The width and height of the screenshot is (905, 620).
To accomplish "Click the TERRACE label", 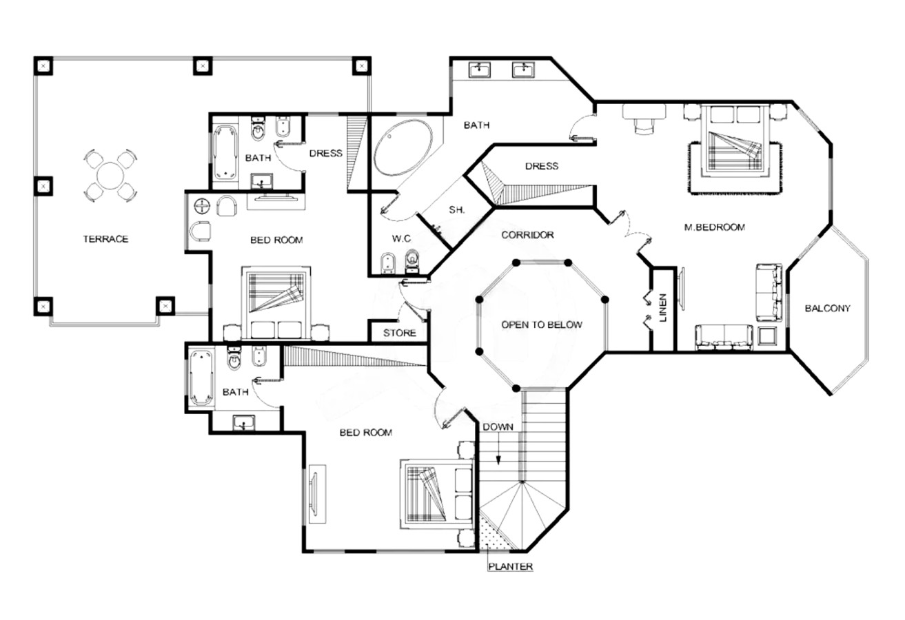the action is [106, 239].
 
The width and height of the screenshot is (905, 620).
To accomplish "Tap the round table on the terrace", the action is [110, 175].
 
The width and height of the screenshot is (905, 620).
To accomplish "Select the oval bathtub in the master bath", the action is [403, 147].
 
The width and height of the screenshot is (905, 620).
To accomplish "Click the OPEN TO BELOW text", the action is [541, 324].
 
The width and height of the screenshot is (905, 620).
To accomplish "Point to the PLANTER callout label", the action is [510, 567].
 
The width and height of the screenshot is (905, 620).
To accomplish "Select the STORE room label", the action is [400, 333].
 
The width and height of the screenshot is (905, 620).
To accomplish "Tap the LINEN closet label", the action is [663, 308].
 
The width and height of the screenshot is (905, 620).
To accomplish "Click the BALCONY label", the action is [827, 309].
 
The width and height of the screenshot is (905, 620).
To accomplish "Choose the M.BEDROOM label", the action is [714, 227].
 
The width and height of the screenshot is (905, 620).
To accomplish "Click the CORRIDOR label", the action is [527, 235].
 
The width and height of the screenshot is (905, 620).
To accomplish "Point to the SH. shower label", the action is [457, 210].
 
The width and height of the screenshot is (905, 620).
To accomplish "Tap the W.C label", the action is [401, 239].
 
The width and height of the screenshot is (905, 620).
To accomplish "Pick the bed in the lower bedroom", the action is [437, 493].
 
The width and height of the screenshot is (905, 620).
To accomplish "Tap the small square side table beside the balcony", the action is [767, 336].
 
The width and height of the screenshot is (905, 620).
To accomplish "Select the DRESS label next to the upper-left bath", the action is [325, 154].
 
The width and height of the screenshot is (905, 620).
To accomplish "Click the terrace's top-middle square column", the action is [203, 65].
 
